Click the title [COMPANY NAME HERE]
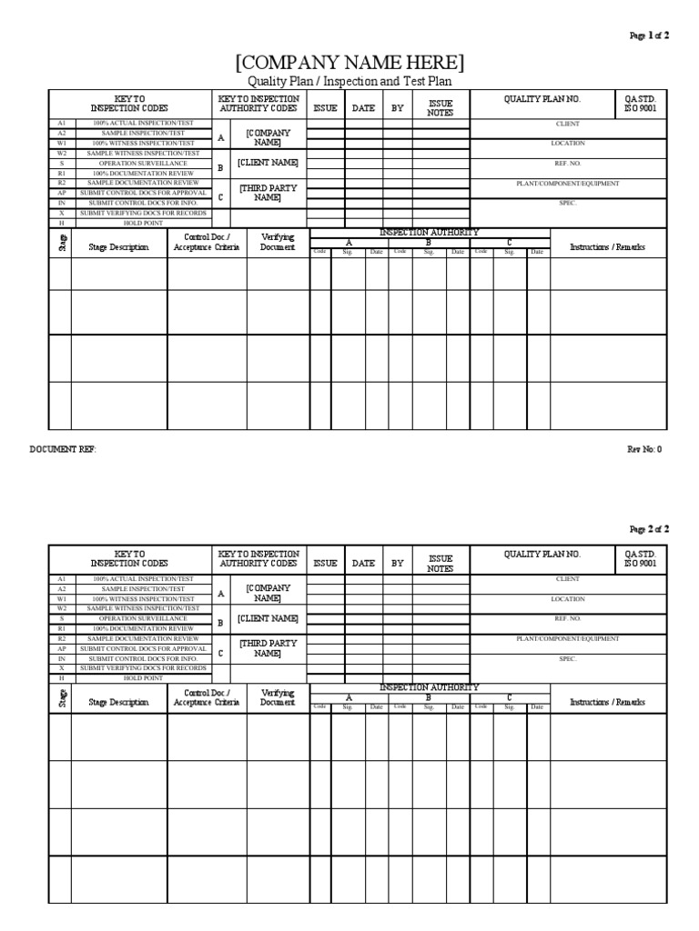(x=349, y=63)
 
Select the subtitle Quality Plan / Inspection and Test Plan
(x=349, y=82)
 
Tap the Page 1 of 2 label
(x=649, y=35)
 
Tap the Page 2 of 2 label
(x=649, y=528)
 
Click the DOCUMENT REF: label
(x=62, y=449)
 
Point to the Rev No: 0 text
(x=644, y=449)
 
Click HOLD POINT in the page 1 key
(x=142, y=223)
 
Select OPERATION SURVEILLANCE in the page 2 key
(x=142, y=618)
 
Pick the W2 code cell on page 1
(x=61, y=153)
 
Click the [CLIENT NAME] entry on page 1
(x=268, y=163)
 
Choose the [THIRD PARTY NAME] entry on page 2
(x=268, y=648)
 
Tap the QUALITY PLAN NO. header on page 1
(x=542, y=99)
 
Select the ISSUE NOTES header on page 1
(x=441, y=108)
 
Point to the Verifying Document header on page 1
(x=278, y=242)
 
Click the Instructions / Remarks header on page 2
(x=607, y=702)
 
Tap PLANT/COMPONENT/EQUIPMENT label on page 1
(x=567, y=184)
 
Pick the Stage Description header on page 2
(x=118, y=702)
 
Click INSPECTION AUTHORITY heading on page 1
(x=429, y=233)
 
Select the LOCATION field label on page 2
(x=567, y=599)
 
